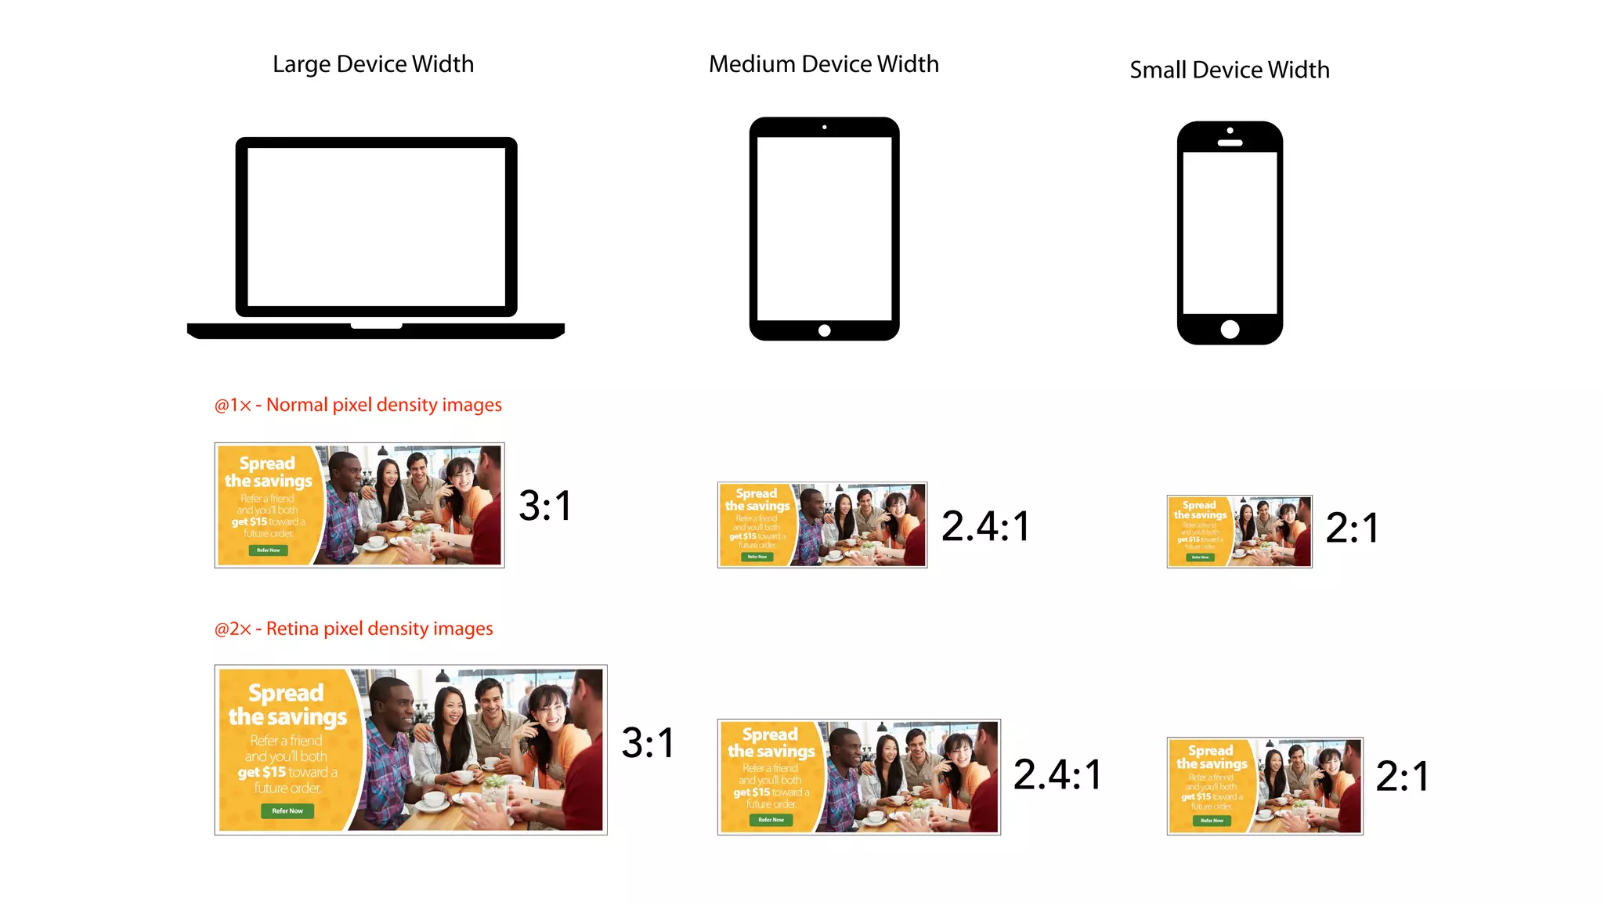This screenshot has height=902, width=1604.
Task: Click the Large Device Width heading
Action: pyautogui.click(x=373, y=64)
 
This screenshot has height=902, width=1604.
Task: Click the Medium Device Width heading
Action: pyautogui.click(x=823, y=64)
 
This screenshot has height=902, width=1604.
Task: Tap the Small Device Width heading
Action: pyautogui.click(x=1229, y=70)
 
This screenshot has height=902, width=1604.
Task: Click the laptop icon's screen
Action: pyautogui.click(x=376, y=227)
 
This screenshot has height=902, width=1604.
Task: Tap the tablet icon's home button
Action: pyautogui.click(x=824, y=330)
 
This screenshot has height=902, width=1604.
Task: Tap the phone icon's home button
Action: pyautogui.click(x=1230, y=329)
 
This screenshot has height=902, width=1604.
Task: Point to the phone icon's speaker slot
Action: pyautogui.click(x=1230, y=143)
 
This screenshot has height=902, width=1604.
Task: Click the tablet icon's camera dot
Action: pyautogui.click(x=824, y=127)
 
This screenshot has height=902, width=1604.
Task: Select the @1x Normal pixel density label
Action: pyautogui.click(x=358, y=405)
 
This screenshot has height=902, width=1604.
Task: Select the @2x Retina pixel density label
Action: pyautogui.click(x=353, y=629)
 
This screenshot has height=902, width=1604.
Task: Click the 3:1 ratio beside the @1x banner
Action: pyautogui.click(x=545, y=506)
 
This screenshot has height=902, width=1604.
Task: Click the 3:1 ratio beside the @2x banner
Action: pyautogui.click(x=648, y=743)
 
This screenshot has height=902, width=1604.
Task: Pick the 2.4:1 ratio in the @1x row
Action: pyautogui.click(x=985, y=526)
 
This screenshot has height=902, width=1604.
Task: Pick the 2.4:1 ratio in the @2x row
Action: pyautogui.click(x=1057, y=775)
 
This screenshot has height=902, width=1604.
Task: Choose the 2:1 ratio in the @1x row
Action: pyautogui.click(x=1352, y=528)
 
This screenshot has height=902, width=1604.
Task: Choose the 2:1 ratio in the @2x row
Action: pyautogui.click(x=1402, y=777)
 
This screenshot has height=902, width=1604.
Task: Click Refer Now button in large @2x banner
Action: pyautogui.click(x=287, y=811)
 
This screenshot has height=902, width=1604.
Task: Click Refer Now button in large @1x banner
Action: pyautogui.click(x=268, y=550)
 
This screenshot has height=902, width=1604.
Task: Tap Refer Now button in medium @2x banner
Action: pyautogui.click(x=771, y=820)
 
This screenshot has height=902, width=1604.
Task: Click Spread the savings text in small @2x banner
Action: pyautogui.click(x=1211, y=757)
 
